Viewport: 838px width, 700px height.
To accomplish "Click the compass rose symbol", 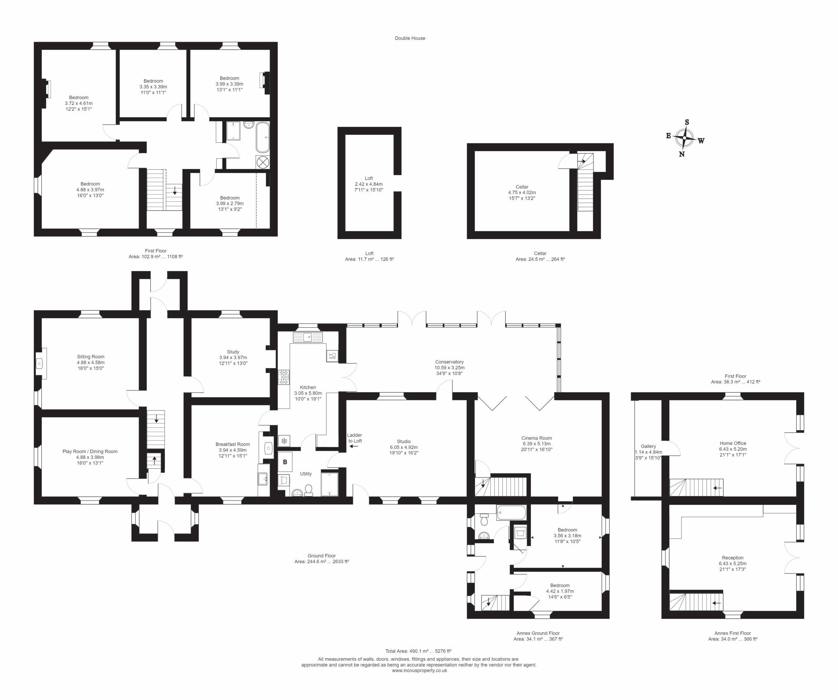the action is pyautogui.click(x=684, y=138).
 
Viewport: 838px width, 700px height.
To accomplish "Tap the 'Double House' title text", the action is pyautogui.click(x=410, y=38).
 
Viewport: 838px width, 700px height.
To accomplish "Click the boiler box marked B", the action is pyautogui.click(x=285, y=462).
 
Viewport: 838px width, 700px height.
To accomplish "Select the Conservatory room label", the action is pyautogui.click(x=449, y=362).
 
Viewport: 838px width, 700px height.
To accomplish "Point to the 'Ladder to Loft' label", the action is pyautogui.click(x=355, y=438).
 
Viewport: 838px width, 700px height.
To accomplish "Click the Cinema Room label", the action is pyautogui.click(x=537, y=438).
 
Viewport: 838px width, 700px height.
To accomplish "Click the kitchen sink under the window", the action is pyautogui.click(x=307, y=337).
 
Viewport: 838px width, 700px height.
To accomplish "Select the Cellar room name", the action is pyautogui.click(x=522, y=187).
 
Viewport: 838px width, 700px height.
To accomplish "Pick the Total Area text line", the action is pyautogui.click(x=418, y=651).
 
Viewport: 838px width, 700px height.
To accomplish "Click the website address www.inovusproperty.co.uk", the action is pyautogui.click(x=419, y=671).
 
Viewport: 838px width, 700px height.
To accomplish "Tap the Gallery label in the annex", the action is pyautogui.click(x=648, y=446).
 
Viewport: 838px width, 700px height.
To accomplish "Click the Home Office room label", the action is pyautogui.click(x=733, y=443).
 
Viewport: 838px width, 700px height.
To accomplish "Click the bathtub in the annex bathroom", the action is pyautogui.click(x=512, y=513).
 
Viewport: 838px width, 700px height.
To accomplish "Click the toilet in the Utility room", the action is pyautogui.click(x=308, y=490).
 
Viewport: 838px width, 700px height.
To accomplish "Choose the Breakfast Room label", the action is pyautogui.click(x=233, y=445).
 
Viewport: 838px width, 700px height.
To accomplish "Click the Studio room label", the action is pyautogui.click(x=404, y=442).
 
